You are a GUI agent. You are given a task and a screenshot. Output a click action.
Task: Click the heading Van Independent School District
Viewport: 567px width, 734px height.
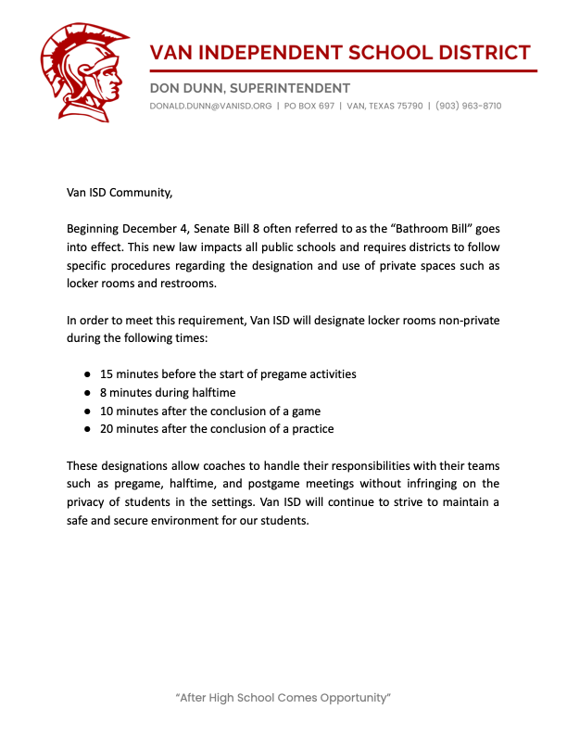(x=341, y=52)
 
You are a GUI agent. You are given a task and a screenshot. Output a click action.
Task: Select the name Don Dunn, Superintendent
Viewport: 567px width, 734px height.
(x=249, y=88)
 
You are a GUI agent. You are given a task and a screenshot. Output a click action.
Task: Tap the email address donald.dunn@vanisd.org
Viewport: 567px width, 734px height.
(x=210, y=106)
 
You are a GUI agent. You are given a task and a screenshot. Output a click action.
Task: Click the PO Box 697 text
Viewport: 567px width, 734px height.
(x=308, y=106)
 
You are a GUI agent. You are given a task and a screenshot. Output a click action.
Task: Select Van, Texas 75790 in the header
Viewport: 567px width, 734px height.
(x=384, y=106)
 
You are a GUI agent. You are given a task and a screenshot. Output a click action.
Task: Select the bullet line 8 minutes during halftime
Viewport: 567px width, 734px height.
(x=168, y=392)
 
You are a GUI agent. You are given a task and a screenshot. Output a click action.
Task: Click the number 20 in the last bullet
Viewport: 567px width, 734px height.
(x=107, y=428)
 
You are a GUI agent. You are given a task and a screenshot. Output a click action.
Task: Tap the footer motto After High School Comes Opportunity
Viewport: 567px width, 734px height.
(x=283, y=696)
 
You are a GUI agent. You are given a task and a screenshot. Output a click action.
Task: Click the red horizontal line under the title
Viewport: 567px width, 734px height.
(x=343, y=70)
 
